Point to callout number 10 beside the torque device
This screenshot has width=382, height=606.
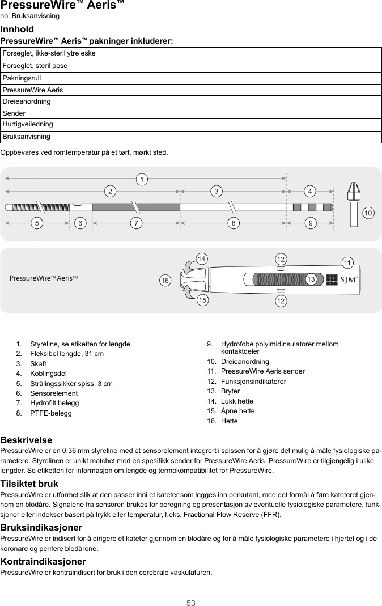click(x=368, y=213)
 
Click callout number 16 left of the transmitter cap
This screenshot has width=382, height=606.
click(x=165, y=281)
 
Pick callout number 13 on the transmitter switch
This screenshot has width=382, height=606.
click(x=311, y=279)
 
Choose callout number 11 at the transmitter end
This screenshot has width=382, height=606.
click(x=348, y=262)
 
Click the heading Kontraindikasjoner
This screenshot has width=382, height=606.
click(x=43, y=561)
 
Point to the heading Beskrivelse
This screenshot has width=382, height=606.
click(x=26, y=440)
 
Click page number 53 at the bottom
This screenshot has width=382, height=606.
click(x=191, y=603)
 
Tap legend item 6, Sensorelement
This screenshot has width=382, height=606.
click(x=54, y=393)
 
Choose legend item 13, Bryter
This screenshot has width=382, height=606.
click(x=230, y=391)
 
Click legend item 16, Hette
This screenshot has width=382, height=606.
click(x=229, y=421)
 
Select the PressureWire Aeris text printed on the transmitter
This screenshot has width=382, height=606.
click(x=44, y=278)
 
